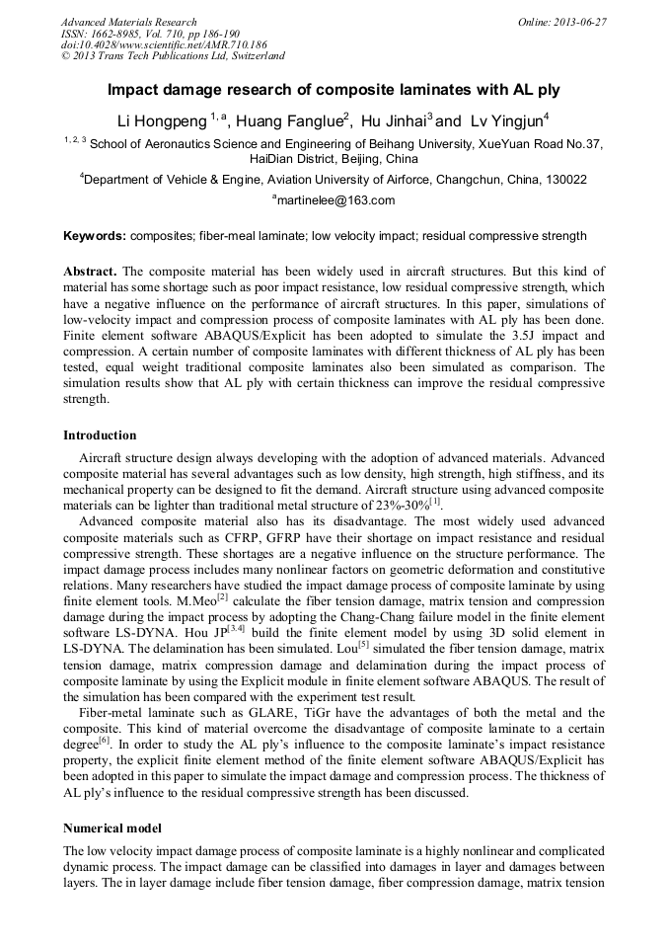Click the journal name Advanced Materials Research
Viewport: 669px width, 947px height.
click(x=128, y=22)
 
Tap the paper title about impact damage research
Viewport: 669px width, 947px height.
click(x=334, y=90)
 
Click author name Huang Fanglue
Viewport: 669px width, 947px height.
click(x=285, y=122)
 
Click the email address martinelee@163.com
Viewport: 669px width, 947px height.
click(x=335, y=200)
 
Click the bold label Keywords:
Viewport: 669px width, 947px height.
click(x=95, y=236)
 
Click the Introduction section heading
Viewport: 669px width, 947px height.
click(x=100, y=435)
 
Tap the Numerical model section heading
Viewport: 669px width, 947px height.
click(x=113, y=827)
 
